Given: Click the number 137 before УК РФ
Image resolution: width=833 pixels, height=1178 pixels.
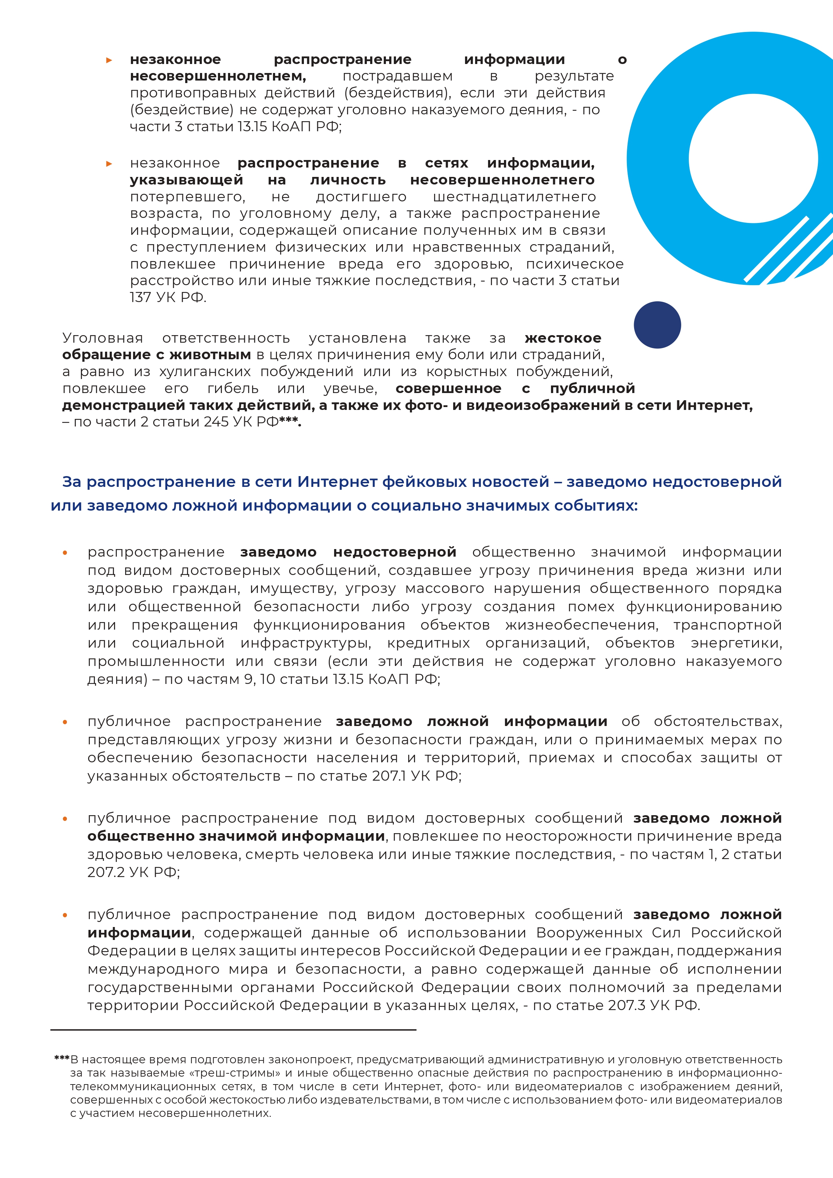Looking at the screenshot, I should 140,298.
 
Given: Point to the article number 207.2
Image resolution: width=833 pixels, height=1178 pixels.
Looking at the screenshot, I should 106,872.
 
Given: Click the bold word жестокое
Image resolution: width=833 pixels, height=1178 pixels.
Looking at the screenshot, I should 563,338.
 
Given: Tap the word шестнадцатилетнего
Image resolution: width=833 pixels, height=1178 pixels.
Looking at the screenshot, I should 514,197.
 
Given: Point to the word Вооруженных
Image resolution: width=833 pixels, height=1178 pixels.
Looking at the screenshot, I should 589,932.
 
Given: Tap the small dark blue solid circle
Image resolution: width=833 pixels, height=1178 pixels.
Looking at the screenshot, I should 657,325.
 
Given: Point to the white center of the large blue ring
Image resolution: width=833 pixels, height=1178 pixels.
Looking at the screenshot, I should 752,159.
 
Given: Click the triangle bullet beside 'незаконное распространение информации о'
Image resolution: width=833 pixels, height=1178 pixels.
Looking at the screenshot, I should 109,60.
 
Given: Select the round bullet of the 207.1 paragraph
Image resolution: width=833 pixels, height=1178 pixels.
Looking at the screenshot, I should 65,722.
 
